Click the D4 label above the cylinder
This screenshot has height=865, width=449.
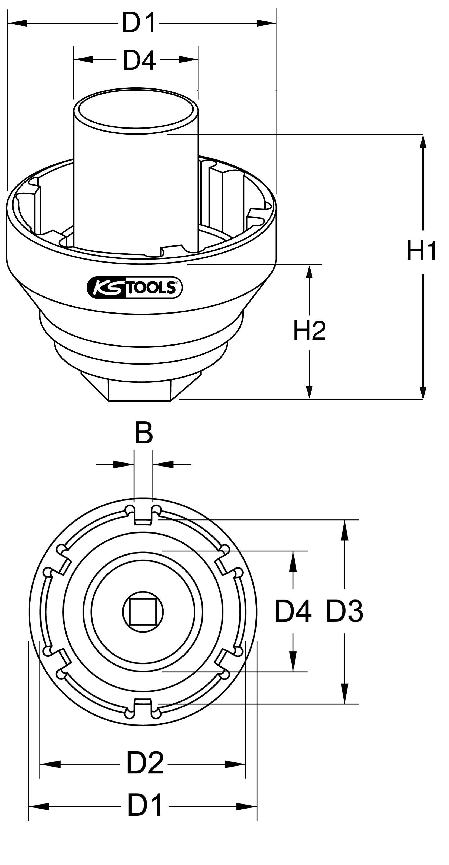click(x=139, y=60)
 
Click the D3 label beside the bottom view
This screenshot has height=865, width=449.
click(x=344, y=612)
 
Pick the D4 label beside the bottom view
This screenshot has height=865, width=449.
click(x=293, y=612)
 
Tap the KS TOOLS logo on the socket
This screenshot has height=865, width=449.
click(x=134, y=288)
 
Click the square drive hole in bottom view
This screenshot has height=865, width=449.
click(x=143, y=612)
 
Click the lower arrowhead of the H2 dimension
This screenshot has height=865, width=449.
click(x=309, y=392)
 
